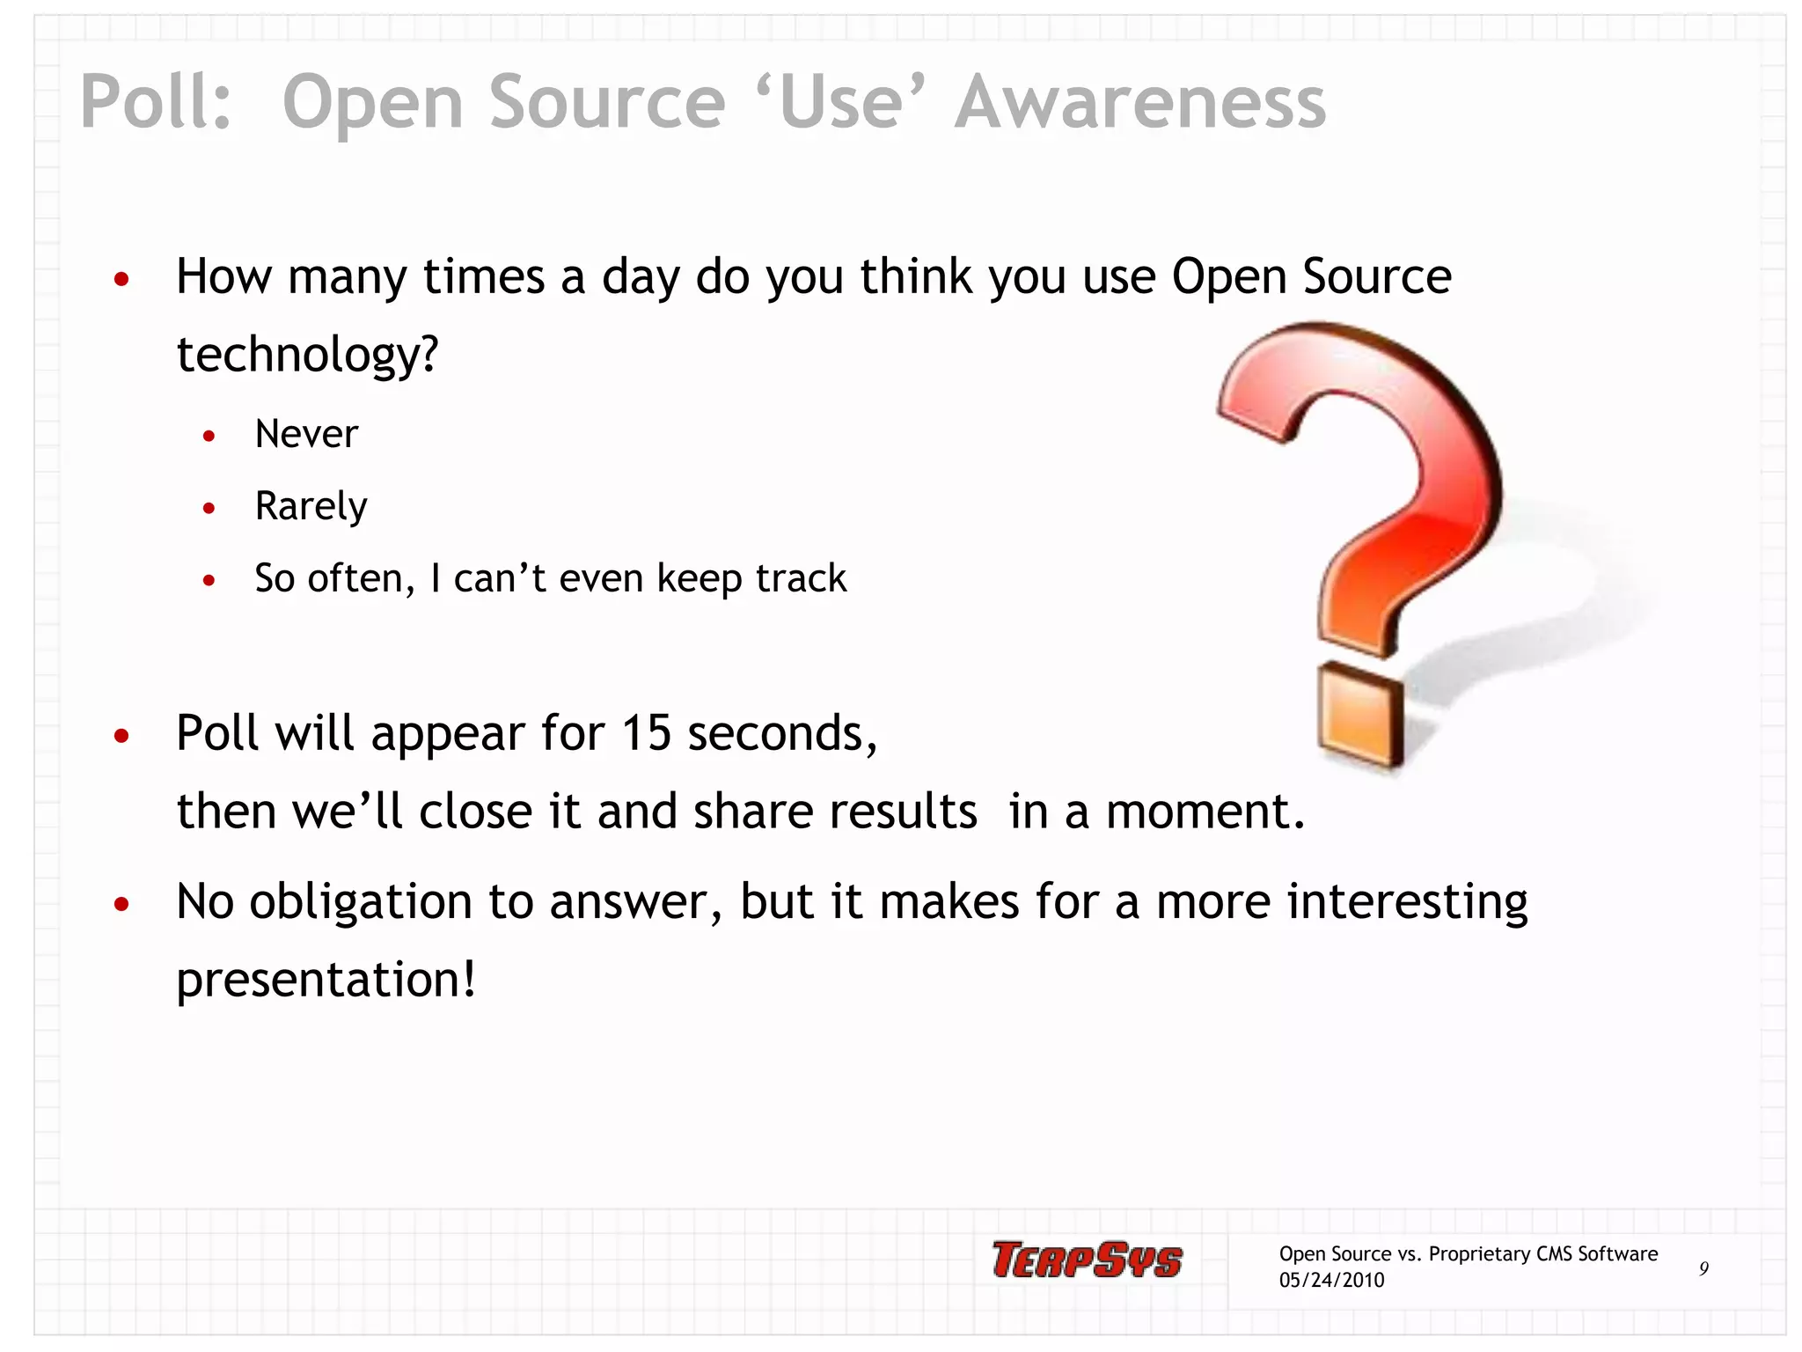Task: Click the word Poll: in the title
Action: [156, 102]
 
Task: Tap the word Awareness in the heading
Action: [1140, 102]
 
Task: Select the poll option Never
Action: [306, 434]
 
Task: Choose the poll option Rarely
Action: [311, 506]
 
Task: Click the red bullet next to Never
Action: [209, 436]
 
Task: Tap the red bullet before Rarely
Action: [209, 508]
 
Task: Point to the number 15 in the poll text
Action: [646, 732]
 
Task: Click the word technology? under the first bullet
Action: [307, 354]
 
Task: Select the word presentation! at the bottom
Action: [326, 979]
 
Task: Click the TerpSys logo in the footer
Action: [1087, 1260]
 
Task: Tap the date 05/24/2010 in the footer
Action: [1331, 1280]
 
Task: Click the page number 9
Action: [1703, 1268]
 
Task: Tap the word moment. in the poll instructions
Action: [1205, 811]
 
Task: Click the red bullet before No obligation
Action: [121, 904]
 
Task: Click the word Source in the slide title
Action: [606, 102]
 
